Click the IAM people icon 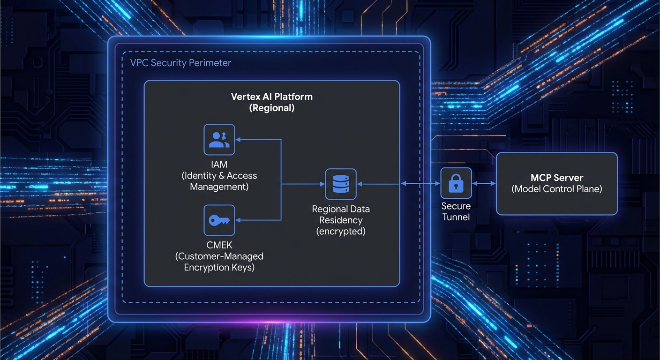coord(219,140)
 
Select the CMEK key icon coord(219,220)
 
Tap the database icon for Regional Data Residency coord(341,184)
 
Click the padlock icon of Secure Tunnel coord(456,183)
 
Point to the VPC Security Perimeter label coord(180,63)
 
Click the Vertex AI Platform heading coord(271,97)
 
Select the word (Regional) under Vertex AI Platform coord(271,108)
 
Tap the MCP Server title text coord(556,178)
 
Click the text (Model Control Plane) coord(556,189)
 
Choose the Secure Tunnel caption coord(456,211)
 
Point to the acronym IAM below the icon coord(219,165)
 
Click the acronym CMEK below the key coord(219,245)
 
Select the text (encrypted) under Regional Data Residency coord(341,231)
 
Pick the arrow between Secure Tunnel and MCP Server coord(483,184)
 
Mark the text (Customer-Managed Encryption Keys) coord(219,262)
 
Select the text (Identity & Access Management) coord(219,181)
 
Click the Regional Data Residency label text coord(341,215)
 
